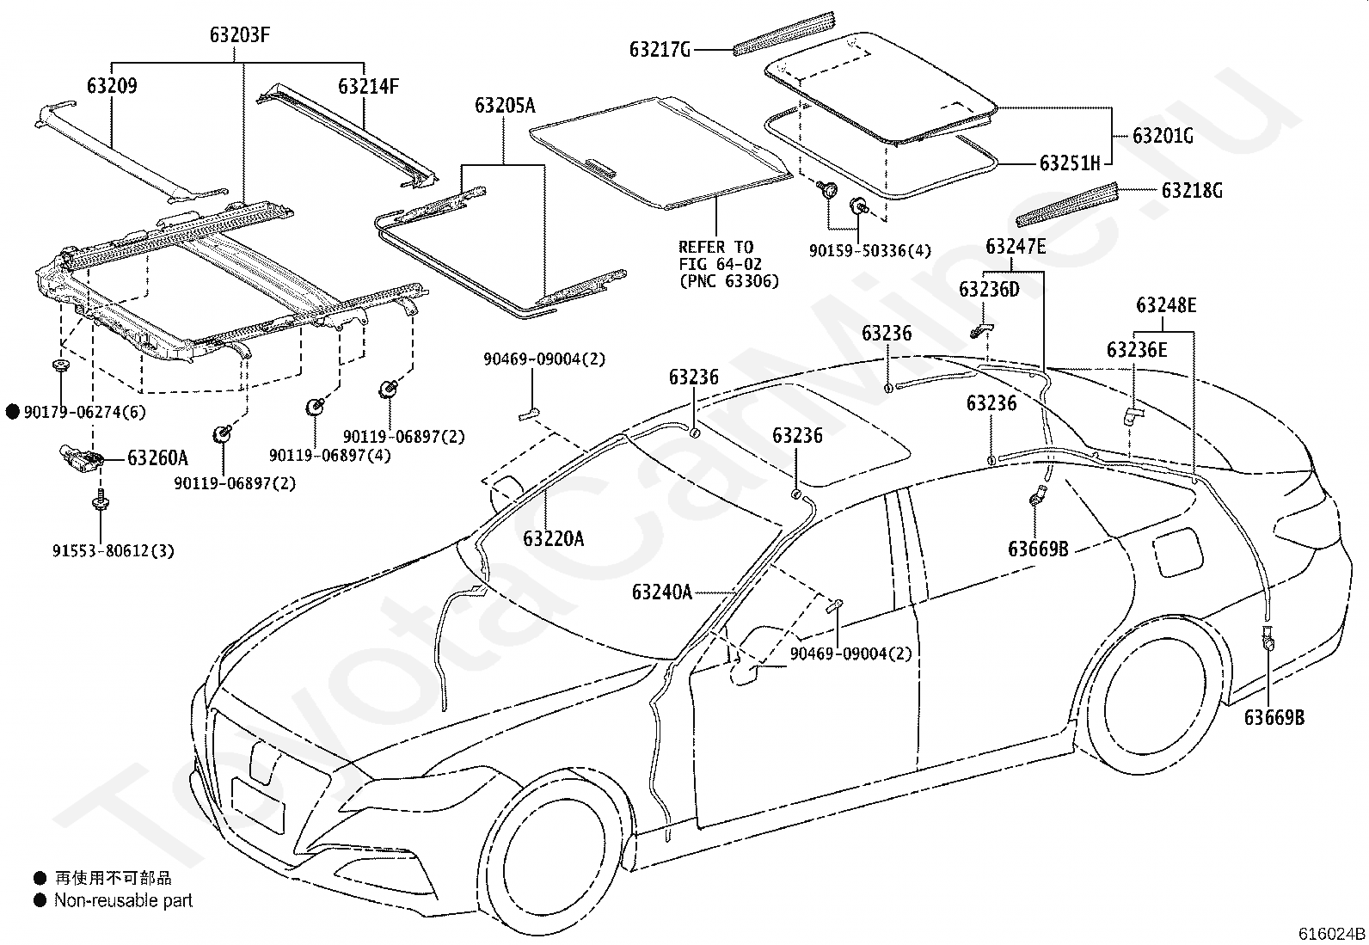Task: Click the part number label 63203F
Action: pos(239,35)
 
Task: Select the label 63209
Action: pos(112,86)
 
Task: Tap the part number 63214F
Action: pos(369,86)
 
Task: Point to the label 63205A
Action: pos(505,106)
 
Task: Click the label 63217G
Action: pos(660,49)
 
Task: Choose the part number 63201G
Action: pos(1163,135)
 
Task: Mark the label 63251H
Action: pos(1070,163)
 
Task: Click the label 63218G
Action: pos(1192,191)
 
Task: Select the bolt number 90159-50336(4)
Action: pos(870,250)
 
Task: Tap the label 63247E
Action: pos(1016,246)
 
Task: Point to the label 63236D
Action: pos(989,289)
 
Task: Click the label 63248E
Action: pos(1166,305)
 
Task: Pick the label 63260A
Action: pos(157,457)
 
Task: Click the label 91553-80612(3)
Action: pos(113,551)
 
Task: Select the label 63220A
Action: pos(553,538)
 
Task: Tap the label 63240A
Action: pos(662,592)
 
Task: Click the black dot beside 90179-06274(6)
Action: pos(13,412)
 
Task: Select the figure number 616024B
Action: pos(1332,934)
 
